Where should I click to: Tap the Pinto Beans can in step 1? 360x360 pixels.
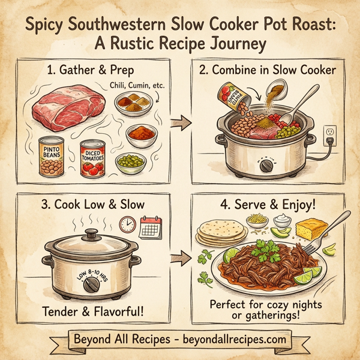(x=55, y=157)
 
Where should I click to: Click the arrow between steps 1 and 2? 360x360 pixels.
(x=178, y=123)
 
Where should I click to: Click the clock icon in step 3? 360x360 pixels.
(x=127, y=224)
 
